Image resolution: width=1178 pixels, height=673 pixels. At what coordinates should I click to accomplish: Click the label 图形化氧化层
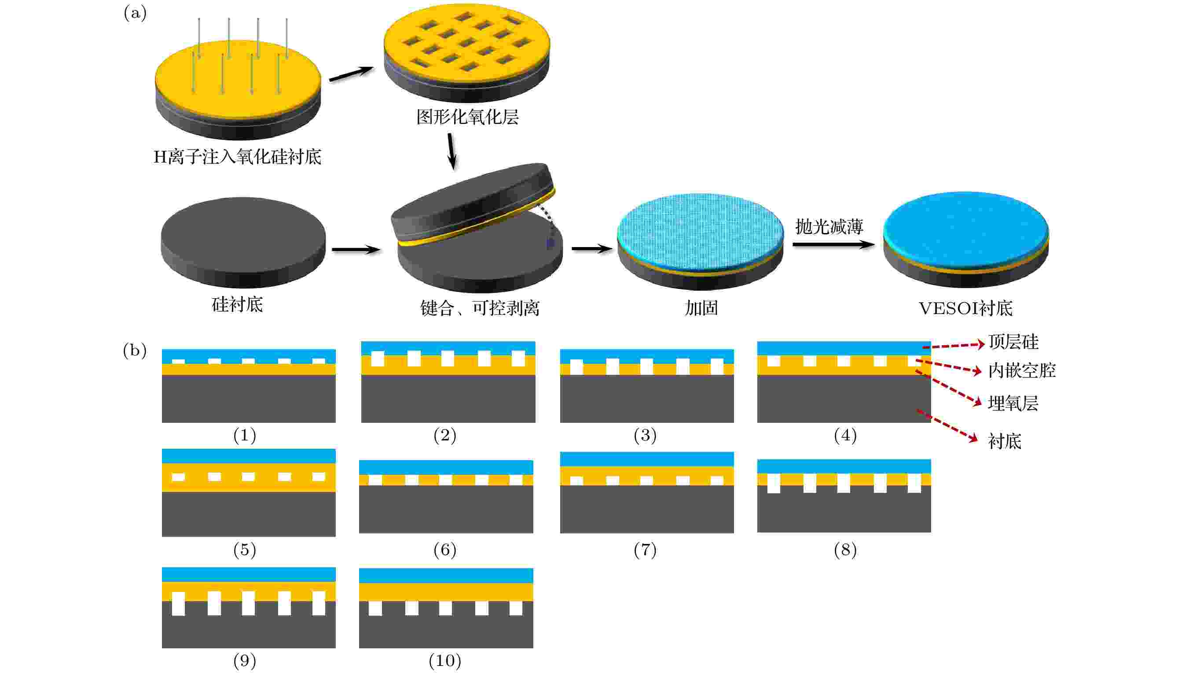click(467, 117)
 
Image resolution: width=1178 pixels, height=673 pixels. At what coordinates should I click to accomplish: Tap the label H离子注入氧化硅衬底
click(237, 157)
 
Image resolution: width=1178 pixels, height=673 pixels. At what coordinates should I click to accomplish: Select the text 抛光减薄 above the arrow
click(829, 226)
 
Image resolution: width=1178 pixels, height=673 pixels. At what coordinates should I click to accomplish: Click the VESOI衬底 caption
click(965, 308)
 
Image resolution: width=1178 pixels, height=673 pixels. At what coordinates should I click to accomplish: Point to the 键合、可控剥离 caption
click(480, 308)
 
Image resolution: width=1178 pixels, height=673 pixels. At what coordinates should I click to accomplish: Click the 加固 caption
click(701, 308)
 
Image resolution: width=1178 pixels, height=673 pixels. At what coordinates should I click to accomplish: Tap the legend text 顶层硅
click(1013, 342)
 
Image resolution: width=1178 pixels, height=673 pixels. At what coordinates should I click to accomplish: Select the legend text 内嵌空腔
click(1022, 370)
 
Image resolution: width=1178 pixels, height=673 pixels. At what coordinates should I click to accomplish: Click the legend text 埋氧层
click(1013, 403)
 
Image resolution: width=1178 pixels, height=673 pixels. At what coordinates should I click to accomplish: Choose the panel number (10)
click(445, 661)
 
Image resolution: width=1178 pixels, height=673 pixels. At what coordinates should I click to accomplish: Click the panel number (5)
click(245, 550)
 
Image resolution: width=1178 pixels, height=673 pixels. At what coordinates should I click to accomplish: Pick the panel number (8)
click(845, 550)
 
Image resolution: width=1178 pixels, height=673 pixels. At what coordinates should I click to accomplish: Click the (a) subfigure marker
click(135, 13)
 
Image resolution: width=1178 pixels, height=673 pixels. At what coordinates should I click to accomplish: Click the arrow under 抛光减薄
click(833, 244)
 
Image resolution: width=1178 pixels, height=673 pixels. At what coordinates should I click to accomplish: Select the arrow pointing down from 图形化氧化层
click(451, 152)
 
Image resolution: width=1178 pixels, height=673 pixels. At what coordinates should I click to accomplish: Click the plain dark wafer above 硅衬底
click(243, 242)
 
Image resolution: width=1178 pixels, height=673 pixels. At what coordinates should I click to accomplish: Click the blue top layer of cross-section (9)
click(249, 574)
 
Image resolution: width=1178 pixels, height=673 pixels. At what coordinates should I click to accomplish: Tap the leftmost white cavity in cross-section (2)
click(378, 359)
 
